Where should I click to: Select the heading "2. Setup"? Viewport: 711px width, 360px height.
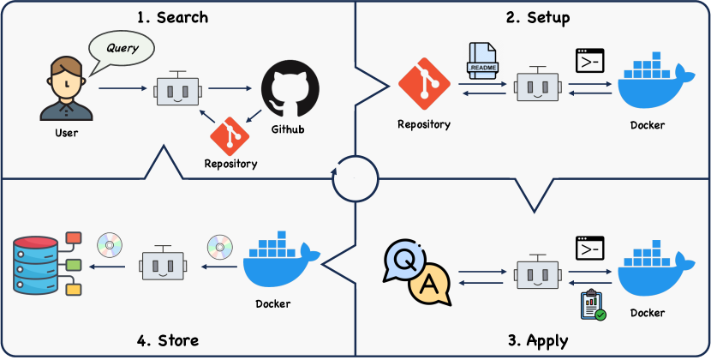click(536, 17)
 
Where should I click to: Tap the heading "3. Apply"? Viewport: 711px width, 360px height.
click(538, 340)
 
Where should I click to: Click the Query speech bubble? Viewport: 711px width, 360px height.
click(122, 48)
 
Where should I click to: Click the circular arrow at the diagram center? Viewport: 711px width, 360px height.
click(355, 178)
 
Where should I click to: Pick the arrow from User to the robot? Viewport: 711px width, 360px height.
click(122, 88)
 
